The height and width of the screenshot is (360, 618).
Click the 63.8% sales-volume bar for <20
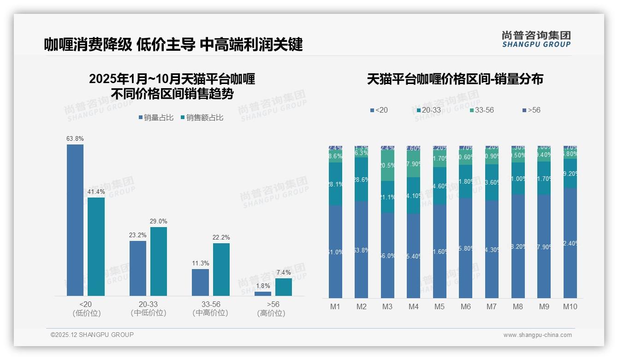click(x=75, y=220)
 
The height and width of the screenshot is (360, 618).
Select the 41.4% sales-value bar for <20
click(x=96, y=246)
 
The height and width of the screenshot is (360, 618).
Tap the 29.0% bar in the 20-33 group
click(x=159, y=261)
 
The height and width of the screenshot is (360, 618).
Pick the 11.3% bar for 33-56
click(x=200, y=282)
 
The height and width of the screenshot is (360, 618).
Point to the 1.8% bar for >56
click(x=263, y=294)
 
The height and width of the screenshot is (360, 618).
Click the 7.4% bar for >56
click(x=284, y=287)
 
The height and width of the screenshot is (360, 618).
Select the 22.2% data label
click(x=221, y=237)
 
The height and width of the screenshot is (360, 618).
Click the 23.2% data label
click(x=138, y=235)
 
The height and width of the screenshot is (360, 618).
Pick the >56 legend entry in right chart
click(x=534, y=110)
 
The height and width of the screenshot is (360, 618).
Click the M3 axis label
click(x=387, y=306)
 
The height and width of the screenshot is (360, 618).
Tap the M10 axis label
click(x=570, y=306)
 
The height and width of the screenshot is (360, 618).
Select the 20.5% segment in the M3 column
click(x=387, y=166)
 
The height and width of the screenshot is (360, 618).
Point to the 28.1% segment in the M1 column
click(x=335, y=184)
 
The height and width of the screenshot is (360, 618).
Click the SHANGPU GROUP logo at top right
click(x=536, y=39)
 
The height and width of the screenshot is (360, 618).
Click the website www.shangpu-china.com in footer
click(x=537, y=335)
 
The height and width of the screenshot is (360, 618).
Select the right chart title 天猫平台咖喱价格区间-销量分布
click(x=455, y=79)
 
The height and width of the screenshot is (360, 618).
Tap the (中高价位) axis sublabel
click(x=210, y=313)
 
